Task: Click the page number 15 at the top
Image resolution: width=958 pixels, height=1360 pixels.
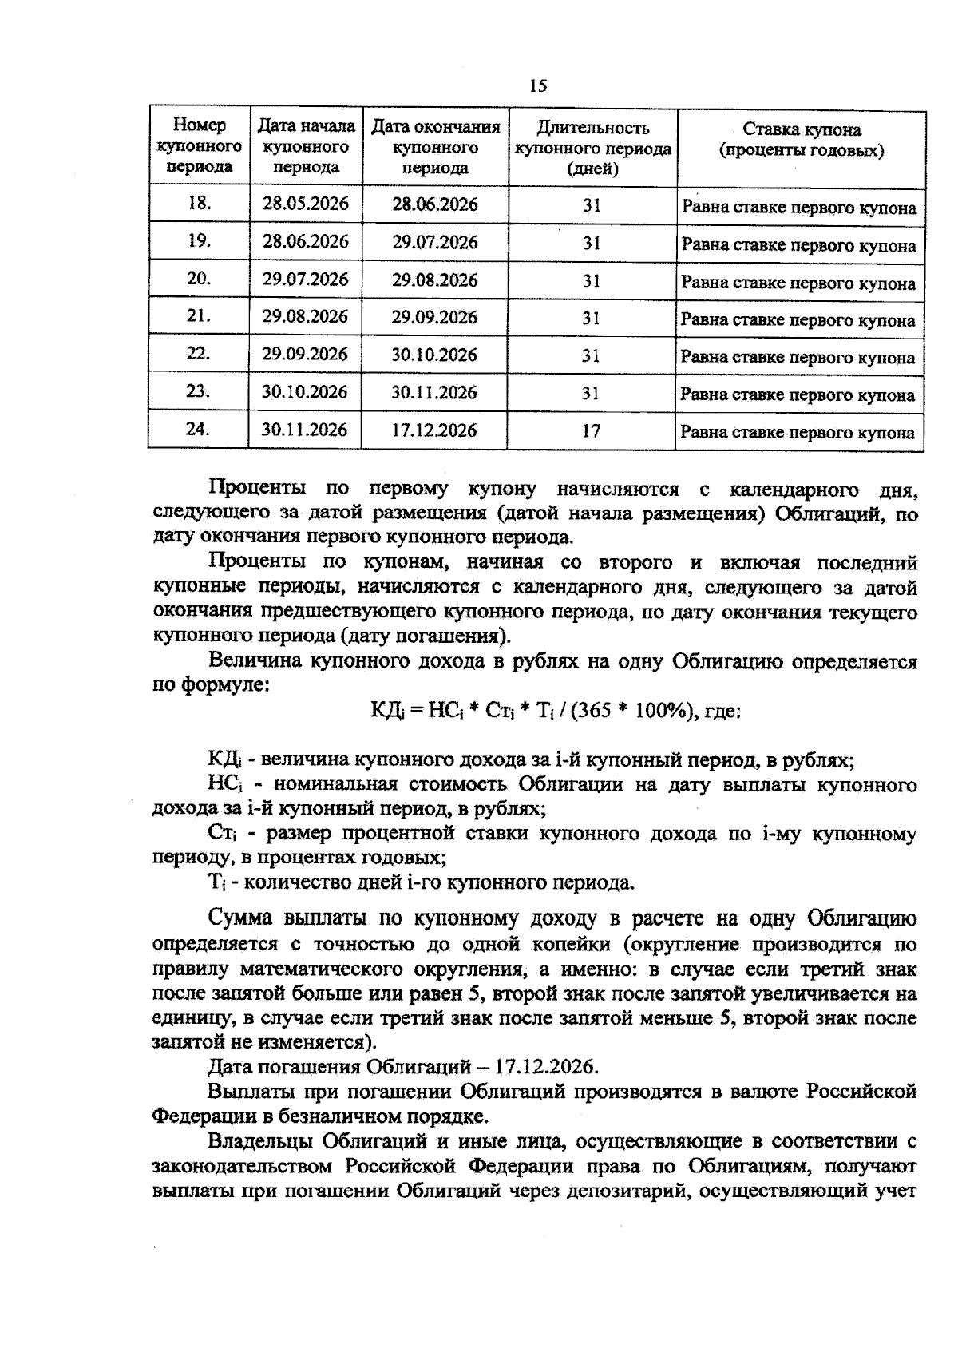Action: [x=537, y=86]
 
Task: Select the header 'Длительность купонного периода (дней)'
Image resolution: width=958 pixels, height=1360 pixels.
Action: [x=592, y=148]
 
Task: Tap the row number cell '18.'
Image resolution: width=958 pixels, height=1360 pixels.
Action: [x=199, y=204]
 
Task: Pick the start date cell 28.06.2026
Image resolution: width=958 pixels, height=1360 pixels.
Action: [x=305, y=241]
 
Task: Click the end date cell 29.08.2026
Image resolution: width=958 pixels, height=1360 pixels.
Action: [x=434, y=280]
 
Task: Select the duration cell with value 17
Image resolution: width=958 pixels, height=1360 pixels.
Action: [x=591, y=431]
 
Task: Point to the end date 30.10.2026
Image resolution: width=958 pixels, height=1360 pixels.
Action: [x=434, y=355]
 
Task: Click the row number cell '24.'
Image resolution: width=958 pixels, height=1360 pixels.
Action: [x=198, y=430]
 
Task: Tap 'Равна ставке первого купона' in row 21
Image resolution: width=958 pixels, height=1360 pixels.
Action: [x=798, y=321]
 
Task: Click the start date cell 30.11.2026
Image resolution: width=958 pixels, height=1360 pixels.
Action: [x=305, y=430]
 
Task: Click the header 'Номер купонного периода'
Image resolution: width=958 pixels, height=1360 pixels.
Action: [x=199, y=146]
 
